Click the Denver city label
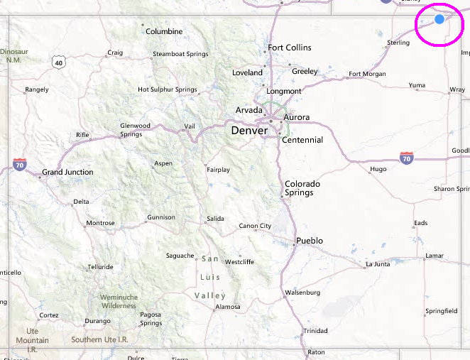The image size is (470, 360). [x=249, y=131]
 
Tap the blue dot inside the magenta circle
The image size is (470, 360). [x=439, y=19]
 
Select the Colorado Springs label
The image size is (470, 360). [x=302, y=188]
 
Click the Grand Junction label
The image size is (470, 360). [x=67, y=172]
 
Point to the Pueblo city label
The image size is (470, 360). [x=310, y=241]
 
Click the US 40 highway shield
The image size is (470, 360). [x=58, y=62]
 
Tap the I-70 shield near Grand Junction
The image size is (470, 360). [x=20, y=165]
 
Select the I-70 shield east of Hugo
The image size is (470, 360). [x=406, y=158]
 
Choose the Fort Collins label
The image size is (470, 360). [x=289, y=48]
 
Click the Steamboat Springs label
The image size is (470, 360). [x=180, y=55]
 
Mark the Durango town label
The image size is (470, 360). [x=97, y=321]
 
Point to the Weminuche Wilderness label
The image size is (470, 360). [x=118, y=301]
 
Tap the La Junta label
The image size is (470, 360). [x=377, y=264]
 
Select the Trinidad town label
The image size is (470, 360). [x=315, y=331]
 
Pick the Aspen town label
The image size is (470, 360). [x=163, y=163]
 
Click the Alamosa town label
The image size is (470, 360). [x=227, y=307]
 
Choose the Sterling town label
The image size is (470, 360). [x=398, y=43]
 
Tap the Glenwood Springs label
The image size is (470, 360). [x=135, y=130]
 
